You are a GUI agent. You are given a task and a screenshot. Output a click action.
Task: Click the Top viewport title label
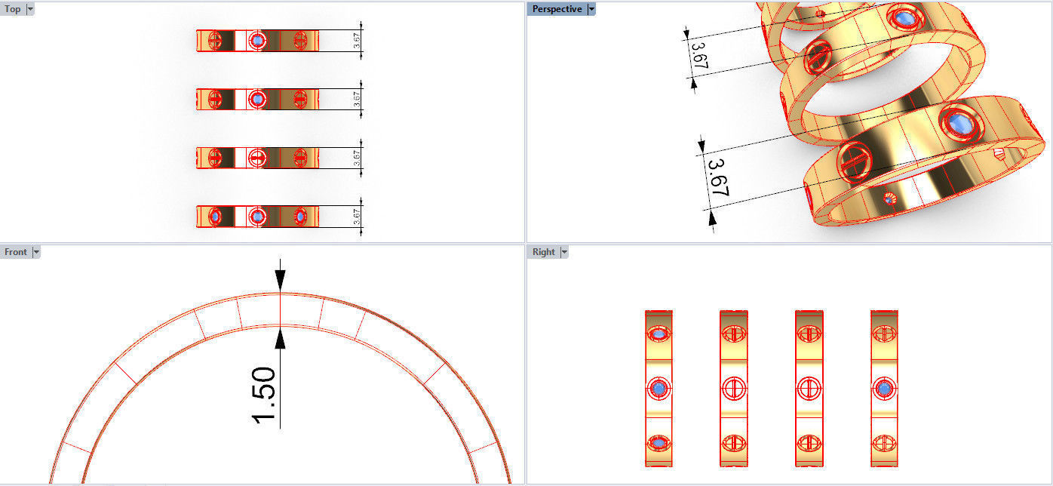click(12, 9)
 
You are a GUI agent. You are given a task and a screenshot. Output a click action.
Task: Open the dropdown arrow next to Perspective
click(591, 9)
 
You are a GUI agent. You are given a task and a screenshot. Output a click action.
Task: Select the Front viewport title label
click(15, 252)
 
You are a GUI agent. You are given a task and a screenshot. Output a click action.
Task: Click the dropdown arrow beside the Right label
click(563, 252)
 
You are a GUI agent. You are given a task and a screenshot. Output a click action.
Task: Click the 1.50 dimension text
click(266, 394)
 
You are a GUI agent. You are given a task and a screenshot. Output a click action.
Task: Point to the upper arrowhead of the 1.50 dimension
click(280, 281)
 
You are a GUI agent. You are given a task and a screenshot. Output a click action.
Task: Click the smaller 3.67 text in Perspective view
click(698, 57)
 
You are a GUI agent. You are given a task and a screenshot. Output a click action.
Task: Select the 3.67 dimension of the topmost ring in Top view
click(357, 41)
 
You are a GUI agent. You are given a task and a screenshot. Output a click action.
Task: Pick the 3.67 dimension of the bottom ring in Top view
click(357, 217)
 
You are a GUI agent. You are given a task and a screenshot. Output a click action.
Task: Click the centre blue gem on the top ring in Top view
click(257, 40)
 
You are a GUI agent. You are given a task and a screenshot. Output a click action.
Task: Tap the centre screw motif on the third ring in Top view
click(257, 158)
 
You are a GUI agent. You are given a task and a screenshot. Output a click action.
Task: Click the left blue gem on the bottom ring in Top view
click(215, 217)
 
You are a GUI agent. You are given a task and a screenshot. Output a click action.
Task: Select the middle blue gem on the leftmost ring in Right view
click(659, 389)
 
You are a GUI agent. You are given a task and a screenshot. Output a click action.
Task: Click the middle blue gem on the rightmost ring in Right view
click(884, 389)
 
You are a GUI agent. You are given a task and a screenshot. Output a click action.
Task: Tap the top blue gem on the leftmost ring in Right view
click(659, 333)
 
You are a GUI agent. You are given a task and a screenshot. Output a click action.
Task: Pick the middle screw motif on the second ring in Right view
click(733, 389)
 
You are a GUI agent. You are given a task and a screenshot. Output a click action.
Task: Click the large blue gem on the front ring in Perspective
click(958, 122)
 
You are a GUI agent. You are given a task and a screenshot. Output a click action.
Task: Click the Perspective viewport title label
click(557, 9)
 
